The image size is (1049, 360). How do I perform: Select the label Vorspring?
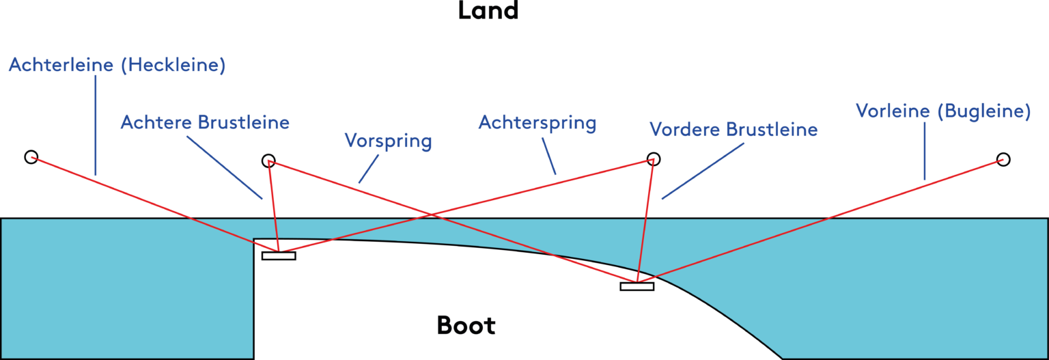[388, 141]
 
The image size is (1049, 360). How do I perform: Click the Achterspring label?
[537, 123]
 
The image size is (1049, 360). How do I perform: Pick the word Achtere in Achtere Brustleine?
[156, 122]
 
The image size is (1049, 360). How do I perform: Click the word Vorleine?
[893, 111]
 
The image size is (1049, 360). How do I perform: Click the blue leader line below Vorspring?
[369, 168]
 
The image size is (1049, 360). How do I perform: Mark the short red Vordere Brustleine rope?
[645, 219]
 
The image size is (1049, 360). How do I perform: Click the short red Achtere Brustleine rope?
[273, 205]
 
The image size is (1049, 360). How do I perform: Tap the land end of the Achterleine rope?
[31, 158]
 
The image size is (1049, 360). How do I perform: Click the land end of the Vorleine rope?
[1003, 160]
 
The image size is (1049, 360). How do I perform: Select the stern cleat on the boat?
[278, 250]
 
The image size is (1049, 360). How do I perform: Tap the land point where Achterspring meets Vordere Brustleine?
[653, 161]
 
